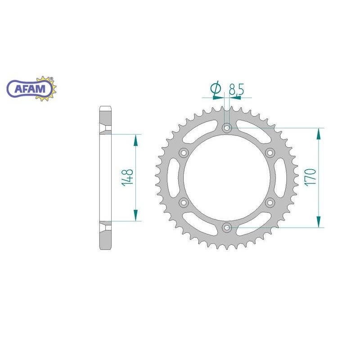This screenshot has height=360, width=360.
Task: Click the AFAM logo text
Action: [x=30, y=88]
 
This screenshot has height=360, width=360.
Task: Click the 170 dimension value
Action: [x=311, y=177]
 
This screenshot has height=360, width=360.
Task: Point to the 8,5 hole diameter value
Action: [x=236, y=89]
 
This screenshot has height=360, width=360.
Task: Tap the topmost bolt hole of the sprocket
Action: [x=227, y=127]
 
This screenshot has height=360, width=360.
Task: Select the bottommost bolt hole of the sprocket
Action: [x=227, y=228]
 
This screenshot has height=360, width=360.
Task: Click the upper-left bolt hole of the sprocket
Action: [x=184, y=153]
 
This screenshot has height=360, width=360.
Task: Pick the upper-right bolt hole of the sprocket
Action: [x=270, y=153]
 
